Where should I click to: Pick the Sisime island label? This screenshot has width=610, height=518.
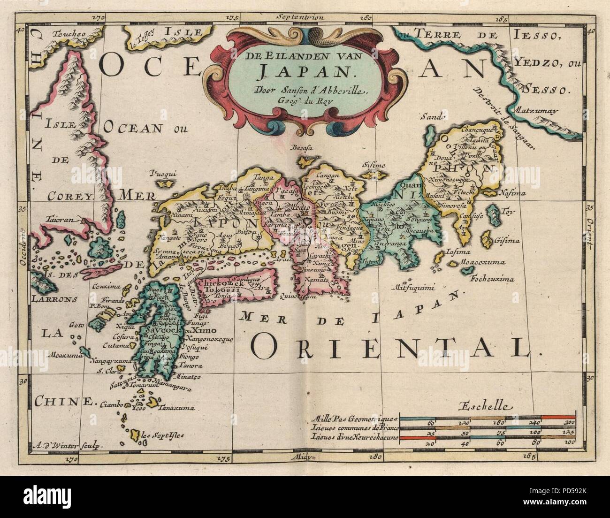(x=374, y=165)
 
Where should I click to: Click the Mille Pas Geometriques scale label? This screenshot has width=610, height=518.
(x=357, y=418)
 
